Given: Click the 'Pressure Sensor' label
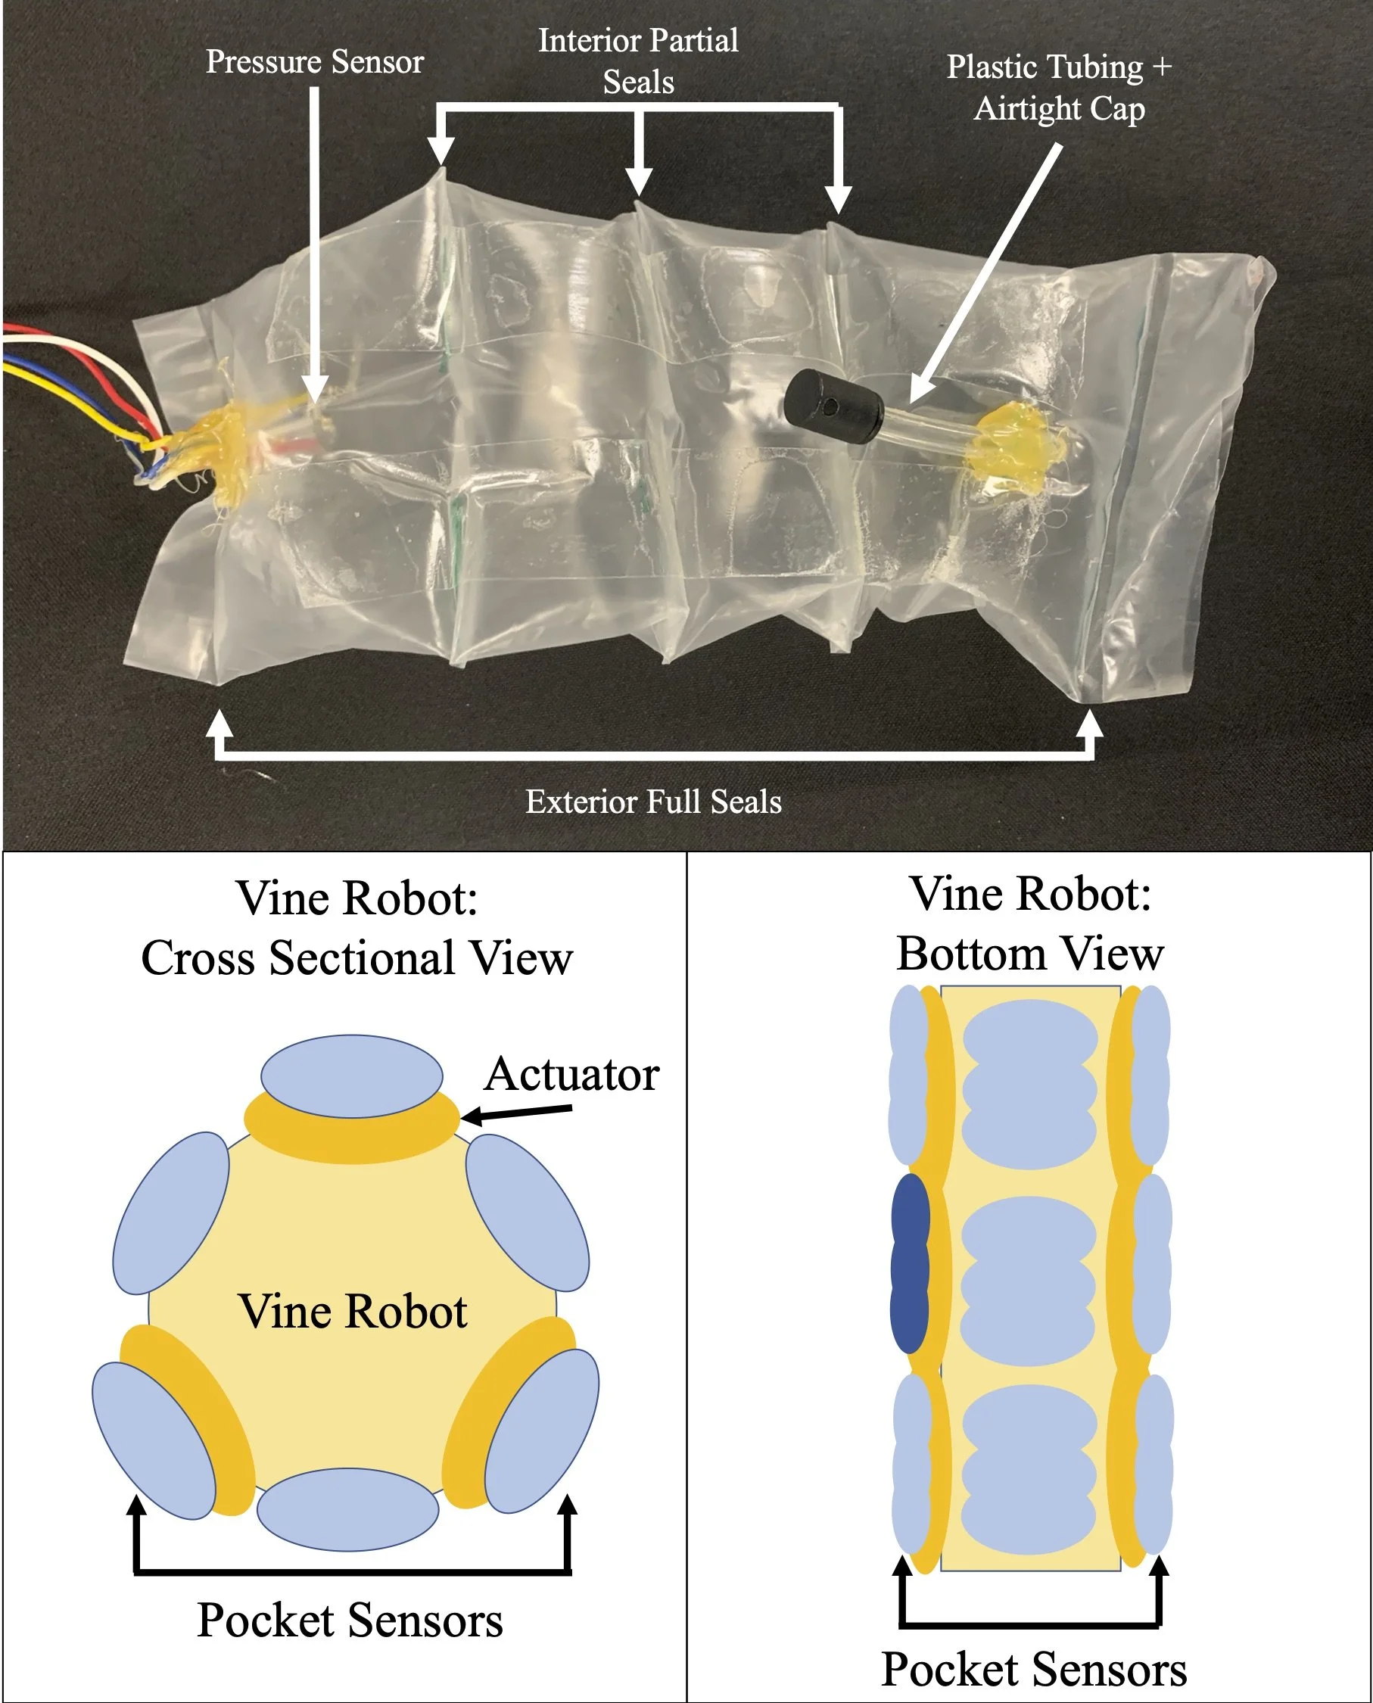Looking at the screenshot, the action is click(315, 62).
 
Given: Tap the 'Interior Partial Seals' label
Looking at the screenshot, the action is click(638, 61).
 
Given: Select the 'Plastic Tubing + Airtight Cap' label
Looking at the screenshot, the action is click(1059, 88).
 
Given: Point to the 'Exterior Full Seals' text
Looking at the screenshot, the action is click(653, 802).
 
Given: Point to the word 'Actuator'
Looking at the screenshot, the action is click(571, 1074).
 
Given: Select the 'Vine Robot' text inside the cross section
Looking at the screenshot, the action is click(353, 1312).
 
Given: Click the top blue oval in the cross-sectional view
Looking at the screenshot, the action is click(352, 1076).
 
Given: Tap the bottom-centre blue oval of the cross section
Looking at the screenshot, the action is click(348, 1509).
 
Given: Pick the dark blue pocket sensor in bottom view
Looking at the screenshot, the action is click(910, 1264).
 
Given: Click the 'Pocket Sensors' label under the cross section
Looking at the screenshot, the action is click(350, 1620).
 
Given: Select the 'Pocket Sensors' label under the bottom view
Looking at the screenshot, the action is click(1034, 1669).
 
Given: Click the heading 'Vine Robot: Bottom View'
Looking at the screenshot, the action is click(1029, 923).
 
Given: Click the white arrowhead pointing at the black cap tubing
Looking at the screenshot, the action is click(921, 389).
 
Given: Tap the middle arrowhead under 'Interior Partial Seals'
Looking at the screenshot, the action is click(638, 180).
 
